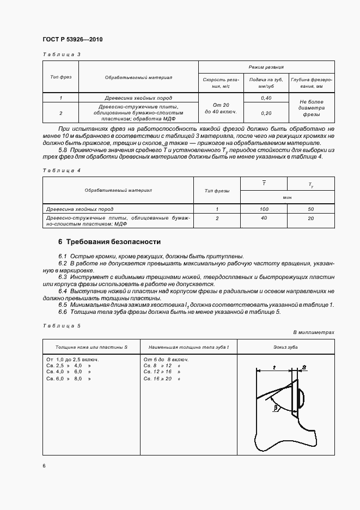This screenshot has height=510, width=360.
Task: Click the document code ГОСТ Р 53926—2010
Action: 72,39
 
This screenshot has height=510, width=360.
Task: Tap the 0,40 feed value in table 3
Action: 266,98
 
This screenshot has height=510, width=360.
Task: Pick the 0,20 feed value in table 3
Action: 266,113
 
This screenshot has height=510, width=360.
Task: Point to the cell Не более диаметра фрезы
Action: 311,108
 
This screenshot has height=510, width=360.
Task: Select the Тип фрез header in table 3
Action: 61,77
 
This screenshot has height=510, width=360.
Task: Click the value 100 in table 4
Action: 264,209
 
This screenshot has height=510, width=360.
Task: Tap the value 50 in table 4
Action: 310,209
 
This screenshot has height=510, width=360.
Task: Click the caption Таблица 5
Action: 61,325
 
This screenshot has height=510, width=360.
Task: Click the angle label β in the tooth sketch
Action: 277,406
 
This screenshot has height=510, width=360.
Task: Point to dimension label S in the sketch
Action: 304,369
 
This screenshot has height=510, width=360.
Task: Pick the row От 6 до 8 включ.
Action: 166,360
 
